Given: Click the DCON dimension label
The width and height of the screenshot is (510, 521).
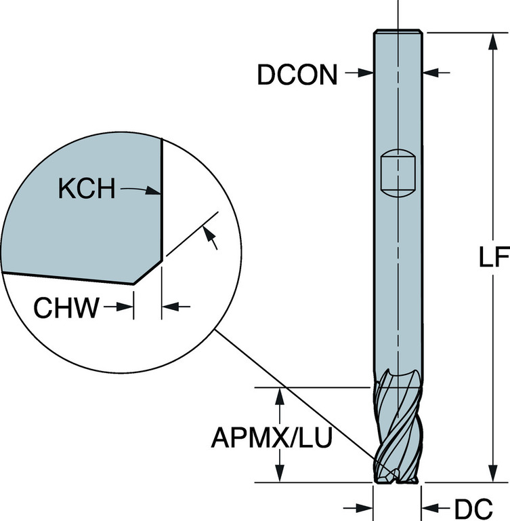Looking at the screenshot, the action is [x=297, y=75].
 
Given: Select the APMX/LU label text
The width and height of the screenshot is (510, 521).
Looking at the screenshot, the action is [x=272, y=437].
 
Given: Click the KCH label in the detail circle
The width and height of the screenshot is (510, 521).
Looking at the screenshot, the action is [x=87, y=189].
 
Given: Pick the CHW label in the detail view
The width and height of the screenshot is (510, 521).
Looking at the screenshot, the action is [x=66, y=307].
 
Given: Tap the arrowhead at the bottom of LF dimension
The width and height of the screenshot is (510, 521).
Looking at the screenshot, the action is [x=494, y=473].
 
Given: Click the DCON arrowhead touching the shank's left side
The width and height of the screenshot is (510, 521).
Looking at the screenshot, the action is [x=365, y=73].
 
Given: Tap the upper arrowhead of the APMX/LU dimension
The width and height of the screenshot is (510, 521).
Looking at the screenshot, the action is [x=280, y=396].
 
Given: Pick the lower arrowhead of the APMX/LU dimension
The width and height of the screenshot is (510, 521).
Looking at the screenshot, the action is [x=280, y=473].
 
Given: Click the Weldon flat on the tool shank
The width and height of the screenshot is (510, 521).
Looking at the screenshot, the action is [x=398, y=173].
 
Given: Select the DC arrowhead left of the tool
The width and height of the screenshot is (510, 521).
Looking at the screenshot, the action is [x=364, y=507].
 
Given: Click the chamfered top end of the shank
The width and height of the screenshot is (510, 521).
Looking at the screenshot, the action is [x=398, y=32].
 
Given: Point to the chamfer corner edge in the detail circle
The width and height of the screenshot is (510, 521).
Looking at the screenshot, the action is [x=148, y=272].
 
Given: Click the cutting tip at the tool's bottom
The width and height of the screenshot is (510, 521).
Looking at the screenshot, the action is [x=397, y=478].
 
